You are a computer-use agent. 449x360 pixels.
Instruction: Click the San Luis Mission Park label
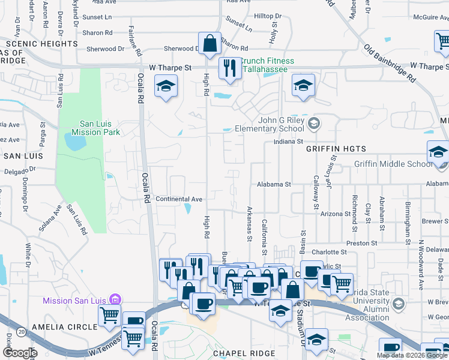pyautogui.click(x=96, y=128)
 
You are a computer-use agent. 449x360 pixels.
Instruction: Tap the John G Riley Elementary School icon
pyautogui.click(x=312, y=124)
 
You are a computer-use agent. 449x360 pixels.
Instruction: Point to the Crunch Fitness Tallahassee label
pyautogui.click(x=267, y=65)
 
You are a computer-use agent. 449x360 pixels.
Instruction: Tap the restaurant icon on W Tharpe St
pyautogui.click(x=228, y=68)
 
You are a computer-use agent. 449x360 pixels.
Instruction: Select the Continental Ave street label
pyautogui.click(x=179, y=199)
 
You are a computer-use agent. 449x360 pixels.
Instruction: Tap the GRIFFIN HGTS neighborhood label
pyautogui.click(x=336, y=148)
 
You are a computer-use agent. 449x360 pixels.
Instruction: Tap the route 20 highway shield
pyautogui.click(x=22, y=331)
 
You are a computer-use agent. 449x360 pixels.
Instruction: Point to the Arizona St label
pyautogui.click(x=335, y=214)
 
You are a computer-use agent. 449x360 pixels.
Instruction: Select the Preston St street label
pyautogui.click(x=361, y=244)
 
